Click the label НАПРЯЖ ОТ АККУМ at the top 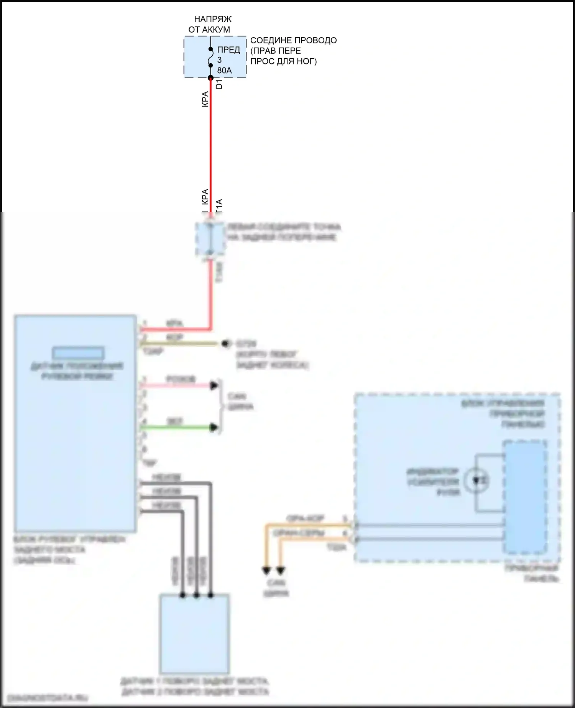(210, 24)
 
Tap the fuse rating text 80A (224, 71)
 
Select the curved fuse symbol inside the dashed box (210, 58)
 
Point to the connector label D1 (219, 84)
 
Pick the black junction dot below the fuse (210, 78)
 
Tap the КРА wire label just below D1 (205, 99)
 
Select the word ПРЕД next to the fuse (228, 50)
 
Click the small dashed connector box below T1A (210, 239)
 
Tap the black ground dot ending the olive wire (227, 343)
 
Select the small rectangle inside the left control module (78, 352)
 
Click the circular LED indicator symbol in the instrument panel (476, 480)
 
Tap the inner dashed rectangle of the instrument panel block (525, 497)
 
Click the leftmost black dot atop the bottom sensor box (182, 595)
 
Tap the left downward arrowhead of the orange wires (266, 571)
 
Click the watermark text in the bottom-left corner (48, 698)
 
